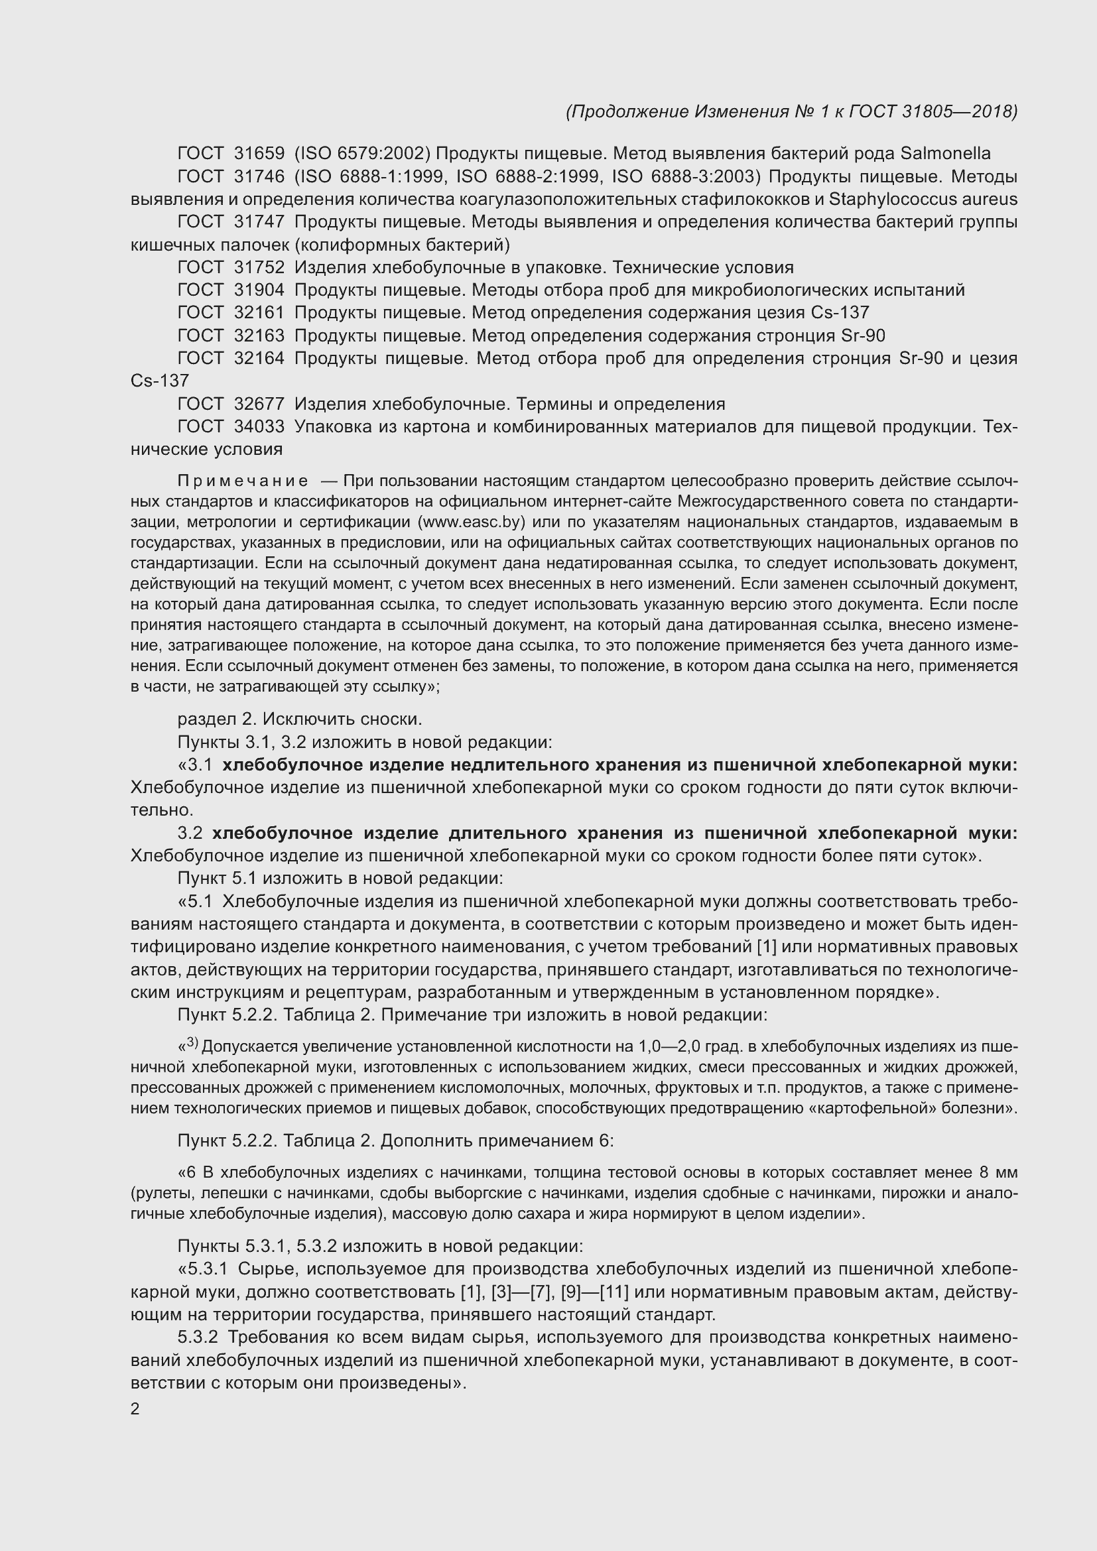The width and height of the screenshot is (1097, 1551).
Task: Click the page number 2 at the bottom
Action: [135, 1409]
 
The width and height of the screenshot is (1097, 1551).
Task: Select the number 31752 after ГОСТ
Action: [259, 267]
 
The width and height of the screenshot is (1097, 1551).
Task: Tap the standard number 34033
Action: [259, 426]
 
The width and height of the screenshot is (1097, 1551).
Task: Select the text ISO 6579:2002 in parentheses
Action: [363, 153]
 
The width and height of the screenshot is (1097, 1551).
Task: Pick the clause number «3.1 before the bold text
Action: [195, 765]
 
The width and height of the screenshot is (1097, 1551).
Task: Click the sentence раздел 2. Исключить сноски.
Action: [299, 719]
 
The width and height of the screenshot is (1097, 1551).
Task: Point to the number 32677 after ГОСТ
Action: [259, 404]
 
